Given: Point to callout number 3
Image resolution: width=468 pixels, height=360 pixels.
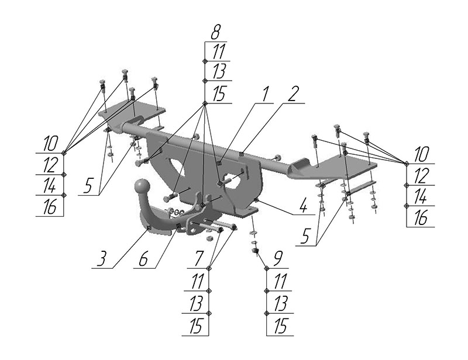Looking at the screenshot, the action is [x=102, y=259].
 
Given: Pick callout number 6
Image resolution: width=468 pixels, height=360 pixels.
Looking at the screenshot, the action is [x=143, y=259].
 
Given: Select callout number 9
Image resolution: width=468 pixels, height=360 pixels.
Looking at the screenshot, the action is [x=277, y=259].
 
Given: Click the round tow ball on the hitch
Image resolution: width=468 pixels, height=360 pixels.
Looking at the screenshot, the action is [x=141, y=186].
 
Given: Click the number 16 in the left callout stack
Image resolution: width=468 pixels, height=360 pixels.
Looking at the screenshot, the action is [x=50, y=207].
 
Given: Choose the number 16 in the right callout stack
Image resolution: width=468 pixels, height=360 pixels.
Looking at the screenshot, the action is [x=421, y=219].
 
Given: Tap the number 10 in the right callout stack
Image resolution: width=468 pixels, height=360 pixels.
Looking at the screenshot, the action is [x=421, y=155].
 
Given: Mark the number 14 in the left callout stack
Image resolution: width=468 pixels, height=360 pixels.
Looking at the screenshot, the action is [x=50, y=186].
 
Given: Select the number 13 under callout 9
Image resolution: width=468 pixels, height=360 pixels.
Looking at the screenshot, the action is [x=280, y=303].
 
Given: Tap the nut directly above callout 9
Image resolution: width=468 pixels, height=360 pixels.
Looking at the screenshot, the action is [x=254, y=251].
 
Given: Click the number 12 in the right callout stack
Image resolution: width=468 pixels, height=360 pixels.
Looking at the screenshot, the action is [x=421, y=176].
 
